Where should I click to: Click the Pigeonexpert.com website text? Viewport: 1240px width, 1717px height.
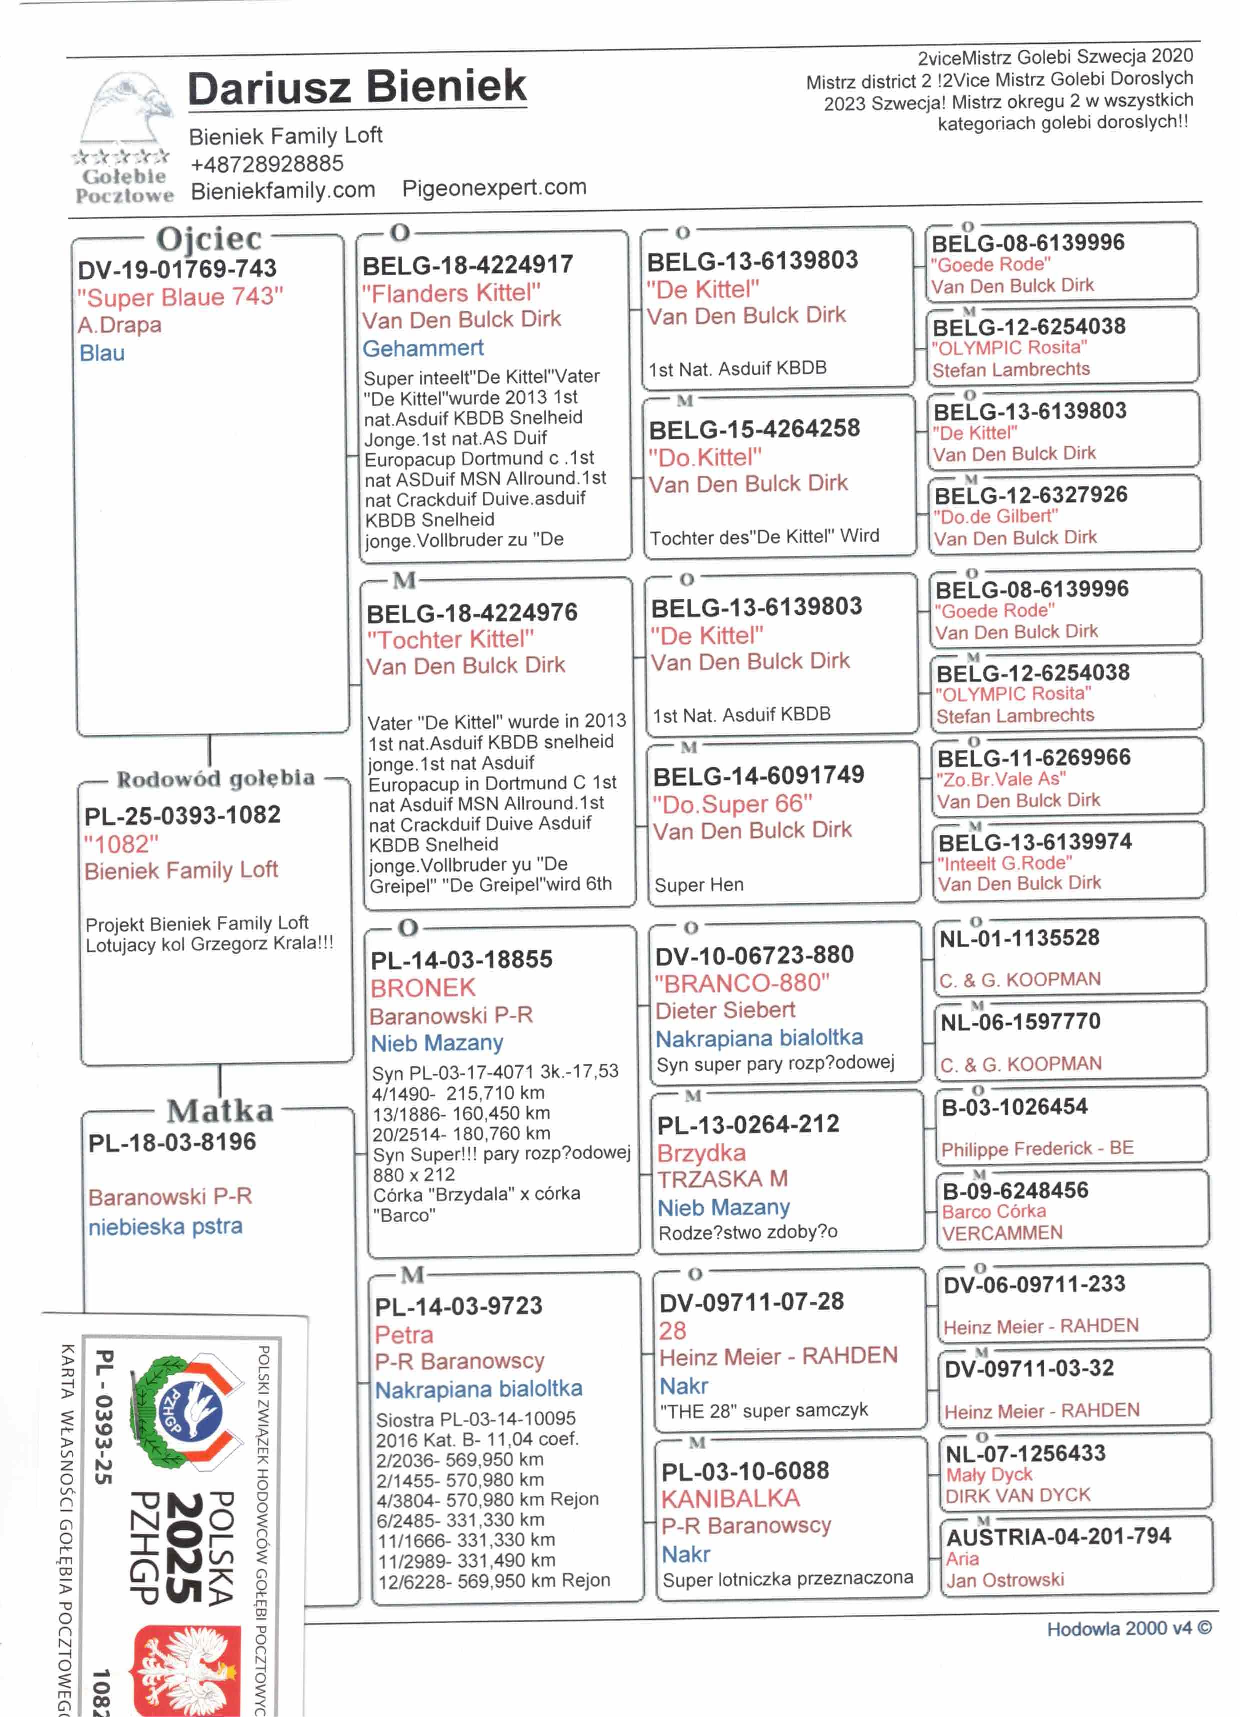click(x=494, y=187)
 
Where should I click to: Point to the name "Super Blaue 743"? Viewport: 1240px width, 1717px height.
click(x=180, y=297)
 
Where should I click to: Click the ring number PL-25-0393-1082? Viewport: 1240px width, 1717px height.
click(x=182, y=815)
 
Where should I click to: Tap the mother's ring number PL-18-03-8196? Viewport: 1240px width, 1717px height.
click(x=172, y=1142)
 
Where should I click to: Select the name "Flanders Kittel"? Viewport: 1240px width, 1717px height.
click(x=451, y=293)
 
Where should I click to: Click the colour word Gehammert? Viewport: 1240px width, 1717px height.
click(x=422, y=348)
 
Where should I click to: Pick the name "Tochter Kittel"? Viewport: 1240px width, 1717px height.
click(x=450, y=639)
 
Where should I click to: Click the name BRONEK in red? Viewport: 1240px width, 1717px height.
click(x=423, y=988)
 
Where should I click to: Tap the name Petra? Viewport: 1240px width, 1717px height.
click(x=404, y=1334)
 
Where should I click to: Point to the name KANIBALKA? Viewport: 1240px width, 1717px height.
click(x=730, y=1499)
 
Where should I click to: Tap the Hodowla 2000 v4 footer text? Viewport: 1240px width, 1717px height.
click(x=1128, y=1628)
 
